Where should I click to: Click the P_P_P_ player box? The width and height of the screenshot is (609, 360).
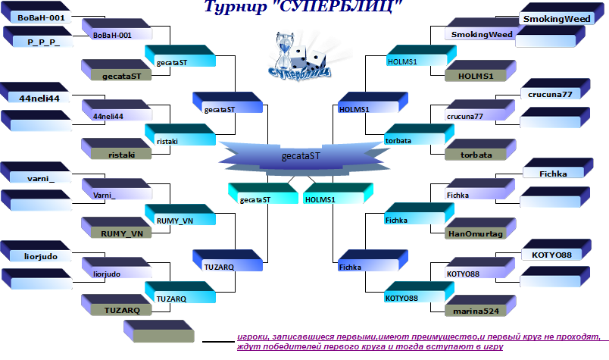(x=38, y=37)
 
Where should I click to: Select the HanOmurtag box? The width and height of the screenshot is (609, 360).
(x=480, y=229)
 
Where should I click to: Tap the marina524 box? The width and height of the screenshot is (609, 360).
(x=480, y=306)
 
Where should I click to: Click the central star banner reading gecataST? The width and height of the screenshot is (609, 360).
(x=301, y=156)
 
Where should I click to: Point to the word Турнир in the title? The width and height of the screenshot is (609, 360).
(x=236, y=7)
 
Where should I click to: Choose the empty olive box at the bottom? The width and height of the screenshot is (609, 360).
(x=159, y=331)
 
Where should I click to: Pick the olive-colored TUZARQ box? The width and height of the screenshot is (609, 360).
(x=117, y=305)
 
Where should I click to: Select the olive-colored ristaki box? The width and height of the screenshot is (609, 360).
(x=117, y=149)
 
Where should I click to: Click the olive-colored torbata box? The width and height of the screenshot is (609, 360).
(x=480, y=149)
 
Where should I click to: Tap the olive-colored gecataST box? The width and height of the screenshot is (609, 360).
(x=117, y=70)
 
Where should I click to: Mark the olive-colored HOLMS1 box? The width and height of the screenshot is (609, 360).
(x=480, y=70)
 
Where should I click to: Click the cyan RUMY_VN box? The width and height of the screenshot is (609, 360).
(x=180, y=214)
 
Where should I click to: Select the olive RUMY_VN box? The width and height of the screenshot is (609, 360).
(x=117, y=228)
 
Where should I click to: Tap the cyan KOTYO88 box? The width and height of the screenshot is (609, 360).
(x=420, y=293)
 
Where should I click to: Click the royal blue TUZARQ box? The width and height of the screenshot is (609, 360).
(x=227, y=261)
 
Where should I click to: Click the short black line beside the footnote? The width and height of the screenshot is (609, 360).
(x=218, y=342)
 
